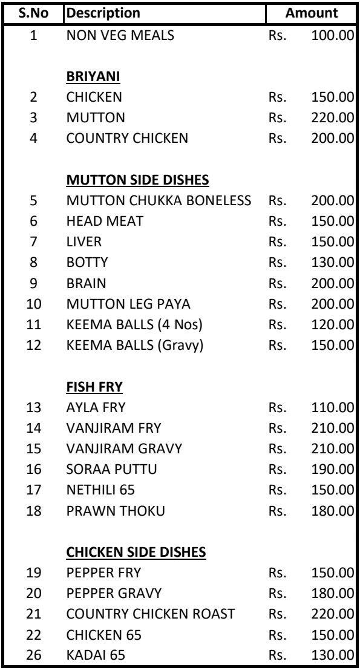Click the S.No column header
coord(33,13)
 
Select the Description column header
coord(103,13)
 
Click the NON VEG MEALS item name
coord(120,36)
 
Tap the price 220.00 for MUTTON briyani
coord(332,118)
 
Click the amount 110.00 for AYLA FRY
coord(332,407)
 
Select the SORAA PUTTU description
coord(107,469)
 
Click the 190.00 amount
coord(332,469)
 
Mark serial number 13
coord(34,407)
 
